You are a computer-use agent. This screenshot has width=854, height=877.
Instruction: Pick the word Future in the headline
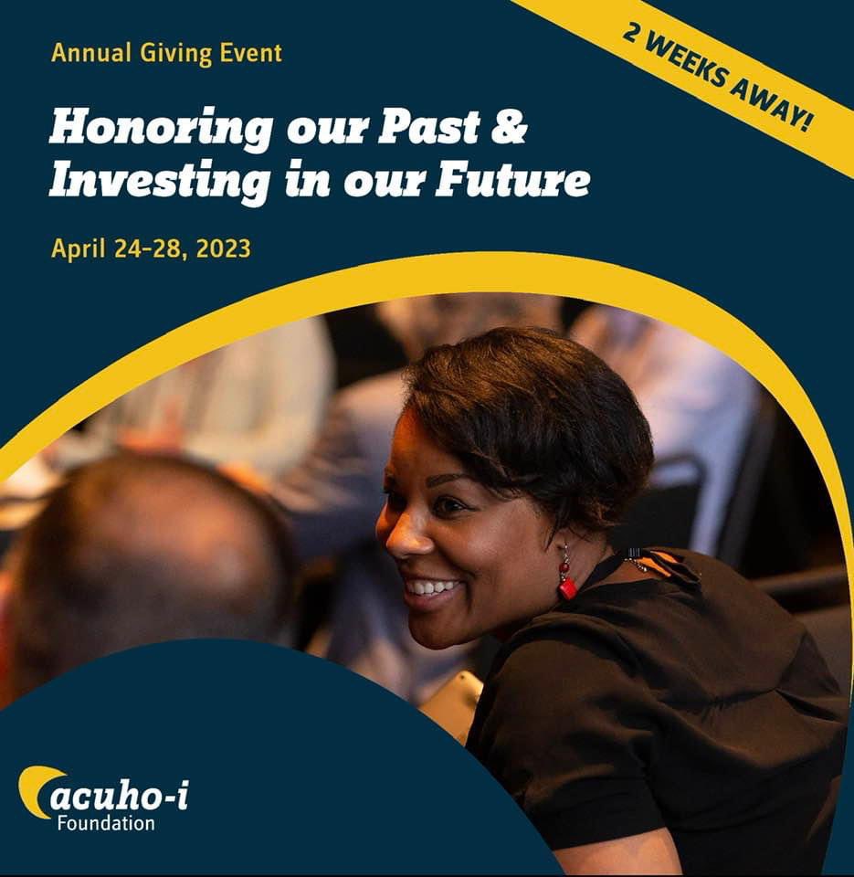(512, 180)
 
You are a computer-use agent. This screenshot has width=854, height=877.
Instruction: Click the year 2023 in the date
(222, 248)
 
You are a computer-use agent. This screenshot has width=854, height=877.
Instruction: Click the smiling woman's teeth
(433, 587)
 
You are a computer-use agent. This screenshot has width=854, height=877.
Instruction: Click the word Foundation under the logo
(105, 823)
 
